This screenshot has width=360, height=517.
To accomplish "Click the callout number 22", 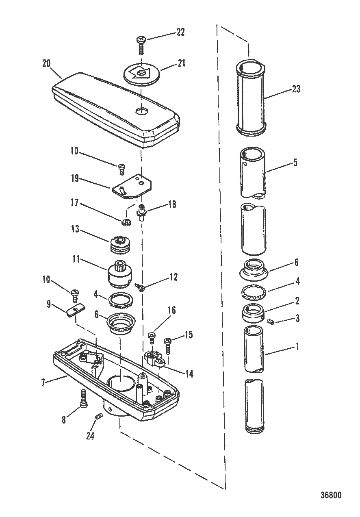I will point(180,33).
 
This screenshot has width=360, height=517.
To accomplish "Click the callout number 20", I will point(47,63).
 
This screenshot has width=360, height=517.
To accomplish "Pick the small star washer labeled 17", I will point(126,222).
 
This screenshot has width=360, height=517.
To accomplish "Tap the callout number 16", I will point(171,311).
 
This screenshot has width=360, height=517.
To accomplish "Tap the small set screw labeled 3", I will point(272,322).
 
